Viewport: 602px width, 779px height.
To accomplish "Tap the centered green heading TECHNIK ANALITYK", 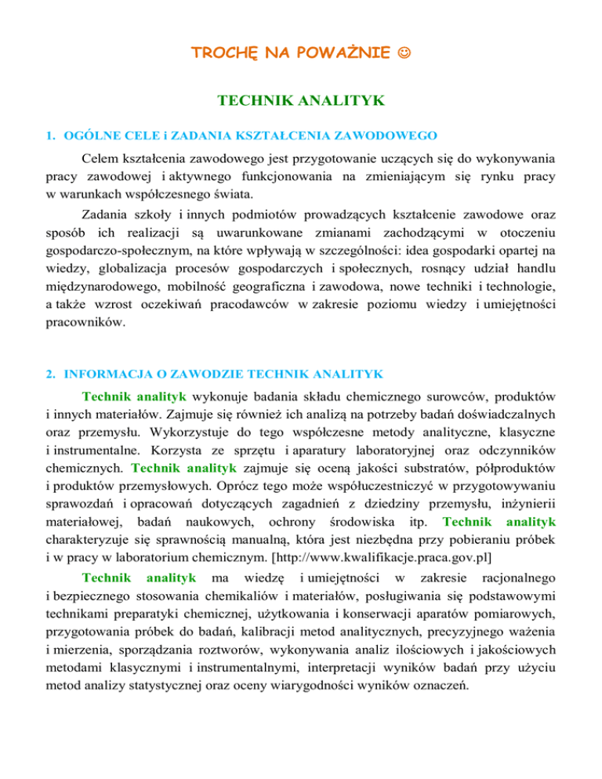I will click(301, 100).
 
